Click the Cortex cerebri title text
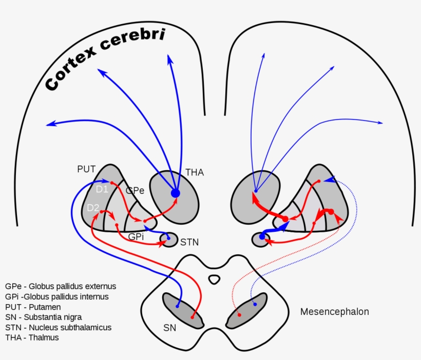[x=105, y=59]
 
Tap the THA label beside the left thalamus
[x=195, y=173]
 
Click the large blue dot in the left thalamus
[x=175, y=193]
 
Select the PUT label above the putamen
[x=86, y=169]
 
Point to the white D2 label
[x=92, y=207]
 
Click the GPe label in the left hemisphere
[x=135, y=190]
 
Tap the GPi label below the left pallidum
[x=136, y=236]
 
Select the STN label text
[x=189, y=242]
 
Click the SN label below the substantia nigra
[x=169, y=328]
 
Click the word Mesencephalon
[x=334, y=311]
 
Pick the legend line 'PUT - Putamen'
[x=33, y=307]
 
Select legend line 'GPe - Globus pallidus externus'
[x=61, y=286]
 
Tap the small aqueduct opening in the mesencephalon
[x=214, y=279]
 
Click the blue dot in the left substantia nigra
[x=177, y=306]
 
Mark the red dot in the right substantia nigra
[x=238, y=314]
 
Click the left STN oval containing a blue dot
[x=169, y=239]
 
